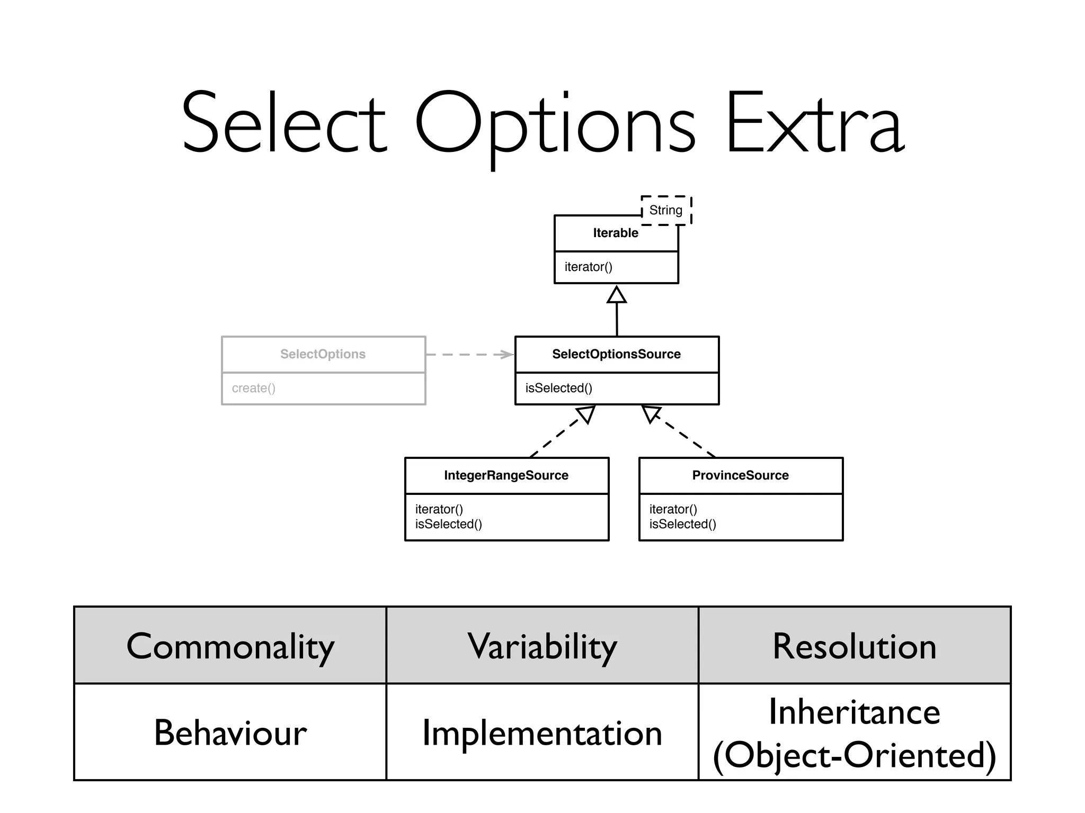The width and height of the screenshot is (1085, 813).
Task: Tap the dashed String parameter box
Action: click(666, 210)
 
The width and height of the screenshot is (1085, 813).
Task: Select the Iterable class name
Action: click(615, 233)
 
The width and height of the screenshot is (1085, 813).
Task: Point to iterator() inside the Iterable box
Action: click(588, 267)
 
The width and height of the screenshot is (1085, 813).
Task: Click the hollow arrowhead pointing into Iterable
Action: click(616, 295)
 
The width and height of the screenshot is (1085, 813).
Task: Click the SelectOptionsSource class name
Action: click(616, 354)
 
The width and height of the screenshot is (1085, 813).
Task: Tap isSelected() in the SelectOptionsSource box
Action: click(558, 388)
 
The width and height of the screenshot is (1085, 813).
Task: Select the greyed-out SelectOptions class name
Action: click(323, 354)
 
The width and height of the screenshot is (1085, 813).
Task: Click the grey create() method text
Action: click(253, 388)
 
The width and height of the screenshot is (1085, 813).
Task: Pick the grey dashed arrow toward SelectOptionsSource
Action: click(469, 354)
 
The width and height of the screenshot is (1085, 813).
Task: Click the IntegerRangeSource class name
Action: click(506, 475)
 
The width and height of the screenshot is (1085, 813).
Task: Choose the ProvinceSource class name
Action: click(740, 475)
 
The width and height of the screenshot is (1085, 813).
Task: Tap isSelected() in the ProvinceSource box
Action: click(682, 524)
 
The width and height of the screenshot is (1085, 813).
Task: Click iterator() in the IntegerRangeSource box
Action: click(439, 509)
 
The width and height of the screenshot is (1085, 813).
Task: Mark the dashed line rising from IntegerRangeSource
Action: click(556, 437)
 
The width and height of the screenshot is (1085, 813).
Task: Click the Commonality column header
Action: click(230, 646)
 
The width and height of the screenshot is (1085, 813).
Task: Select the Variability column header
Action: click(542, 646)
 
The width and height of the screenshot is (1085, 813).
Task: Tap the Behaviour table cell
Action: click(230, 733)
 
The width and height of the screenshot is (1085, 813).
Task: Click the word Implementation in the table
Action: click(542, 733)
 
